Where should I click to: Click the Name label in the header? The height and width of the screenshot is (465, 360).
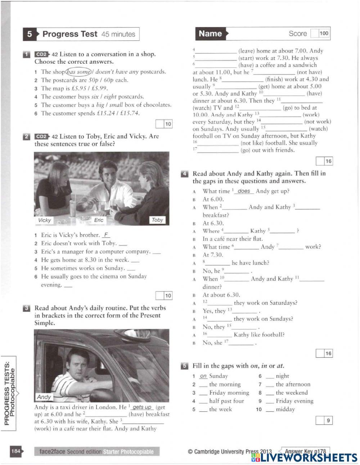[210, 33]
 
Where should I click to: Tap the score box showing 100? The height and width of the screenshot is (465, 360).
[324, 33]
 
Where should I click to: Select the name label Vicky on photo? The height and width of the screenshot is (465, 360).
[44, 220]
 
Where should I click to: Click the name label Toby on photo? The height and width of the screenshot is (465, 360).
[157, 220]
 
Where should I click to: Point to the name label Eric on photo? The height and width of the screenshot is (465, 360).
[99, 220]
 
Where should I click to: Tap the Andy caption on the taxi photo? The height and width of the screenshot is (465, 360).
[44, 397]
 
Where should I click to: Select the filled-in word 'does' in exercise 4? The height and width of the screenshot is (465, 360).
[244, 191]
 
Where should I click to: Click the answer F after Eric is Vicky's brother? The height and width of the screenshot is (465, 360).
[106, 235]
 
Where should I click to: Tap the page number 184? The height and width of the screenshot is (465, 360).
[16, 451]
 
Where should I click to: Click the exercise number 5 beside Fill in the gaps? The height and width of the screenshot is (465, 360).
[184, 366]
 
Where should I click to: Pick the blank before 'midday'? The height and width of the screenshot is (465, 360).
[270, 410]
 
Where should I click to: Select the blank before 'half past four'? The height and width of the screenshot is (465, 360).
[203, 401]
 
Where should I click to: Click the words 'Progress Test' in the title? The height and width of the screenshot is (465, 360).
[70, 34]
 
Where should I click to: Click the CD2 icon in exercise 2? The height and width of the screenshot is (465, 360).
[42, 137]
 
